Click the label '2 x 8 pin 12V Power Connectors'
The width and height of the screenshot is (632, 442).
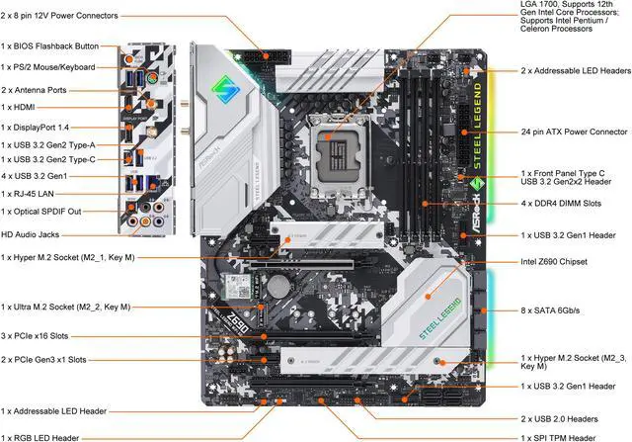click(59, 16)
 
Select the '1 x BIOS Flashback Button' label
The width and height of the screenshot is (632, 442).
click(50, 46)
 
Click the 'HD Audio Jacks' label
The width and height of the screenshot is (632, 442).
click(32, 234)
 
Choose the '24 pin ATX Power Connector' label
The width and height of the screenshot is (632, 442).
click(574, 132)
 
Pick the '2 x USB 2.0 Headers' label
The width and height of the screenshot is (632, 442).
click(560, 418)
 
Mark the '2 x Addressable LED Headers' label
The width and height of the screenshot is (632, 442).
click(574, 71)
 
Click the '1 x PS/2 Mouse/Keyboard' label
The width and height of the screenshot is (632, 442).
click(48, 67)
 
